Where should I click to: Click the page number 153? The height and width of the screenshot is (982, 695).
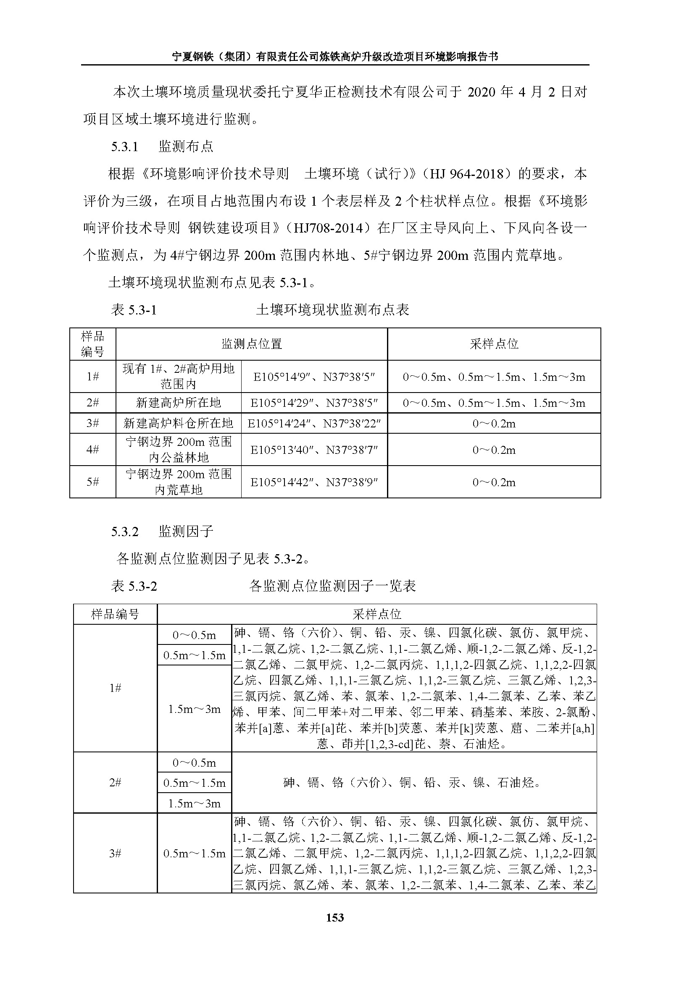[x=334, y=917]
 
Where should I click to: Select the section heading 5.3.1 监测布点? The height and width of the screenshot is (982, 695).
[x=162, y=147]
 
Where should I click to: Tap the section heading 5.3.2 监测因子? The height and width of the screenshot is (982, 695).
[x=162, y=532]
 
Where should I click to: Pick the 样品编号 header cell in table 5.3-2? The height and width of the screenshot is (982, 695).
[x=115, y=615]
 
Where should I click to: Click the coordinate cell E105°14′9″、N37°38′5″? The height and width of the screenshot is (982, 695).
[x=314, y=377]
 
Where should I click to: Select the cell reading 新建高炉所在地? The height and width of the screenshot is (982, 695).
[x=179, y=403]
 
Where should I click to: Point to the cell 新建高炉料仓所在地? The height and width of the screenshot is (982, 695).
[x=179, y=424]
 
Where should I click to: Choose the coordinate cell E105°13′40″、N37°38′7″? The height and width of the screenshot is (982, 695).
[x=314, y=450]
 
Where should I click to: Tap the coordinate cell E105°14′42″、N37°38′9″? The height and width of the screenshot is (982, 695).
[x=314, y=482]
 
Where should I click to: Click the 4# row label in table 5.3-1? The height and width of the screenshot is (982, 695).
[x=93, y=450]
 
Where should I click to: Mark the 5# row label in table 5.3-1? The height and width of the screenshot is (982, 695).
[x=93, y=482]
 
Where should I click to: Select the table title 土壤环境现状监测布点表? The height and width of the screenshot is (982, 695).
[x=332, y=310]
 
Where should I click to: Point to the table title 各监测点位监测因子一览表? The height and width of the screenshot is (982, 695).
[x=332, y=586]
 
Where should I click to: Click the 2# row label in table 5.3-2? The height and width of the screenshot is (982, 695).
[x=115, y=783]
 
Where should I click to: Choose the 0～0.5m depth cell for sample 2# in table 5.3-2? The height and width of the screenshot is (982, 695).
[x=194, y=763]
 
